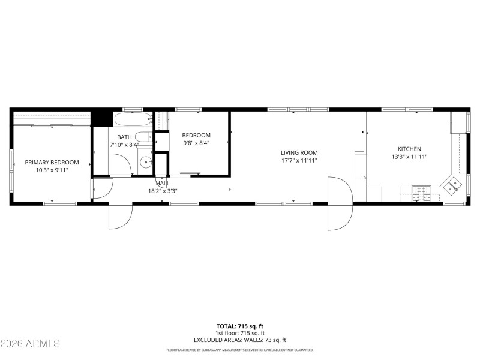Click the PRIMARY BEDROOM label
click(52, 163)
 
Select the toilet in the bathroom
click(143, 136)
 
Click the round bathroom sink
click(146, 161)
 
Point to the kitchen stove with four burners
click(421, 193)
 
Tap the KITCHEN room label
click(409, 149)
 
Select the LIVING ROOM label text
click(299, 152)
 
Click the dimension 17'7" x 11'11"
click(299, 161)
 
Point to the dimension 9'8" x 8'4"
click(196, 144)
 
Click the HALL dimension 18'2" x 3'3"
click(163, 191)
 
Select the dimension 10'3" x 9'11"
click(52, 170)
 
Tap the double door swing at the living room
click(340, 204)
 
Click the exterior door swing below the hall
click(120, 216)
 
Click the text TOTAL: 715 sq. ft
click(239, 326)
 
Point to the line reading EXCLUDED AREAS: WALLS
click(239, 340)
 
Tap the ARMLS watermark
click(30, 344)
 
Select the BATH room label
click(124, 137)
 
